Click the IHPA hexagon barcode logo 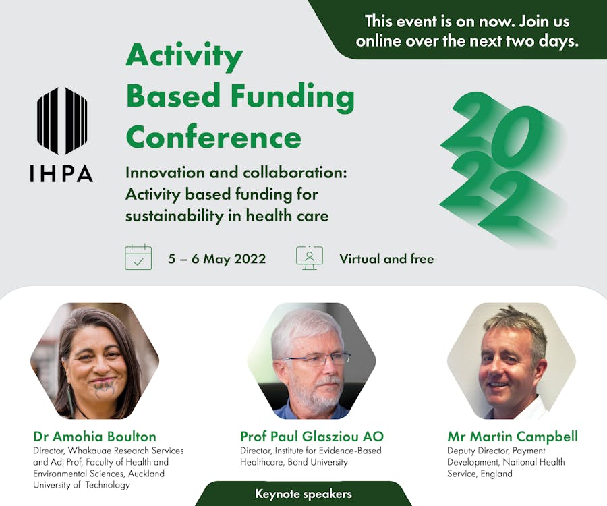click(x=62, y=121)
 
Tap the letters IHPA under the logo click(x=61, y=173)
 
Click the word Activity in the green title click(x=184, y=57)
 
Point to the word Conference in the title click(x=213, y=137)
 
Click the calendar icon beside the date click(x=138, y=257)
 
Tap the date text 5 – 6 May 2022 click(x=216, y=258)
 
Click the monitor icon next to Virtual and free click(x=310, y=258)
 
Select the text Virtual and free click(x=386, y=258)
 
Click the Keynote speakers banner click(x=303, y=494)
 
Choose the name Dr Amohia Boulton click(x=95, y=437)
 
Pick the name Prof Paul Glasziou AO click(x=312, y=437)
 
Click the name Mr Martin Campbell click(x=513, y=437)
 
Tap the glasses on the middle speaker click(x=318, y=359)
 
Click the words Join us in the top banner click(x=544, y=22)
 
